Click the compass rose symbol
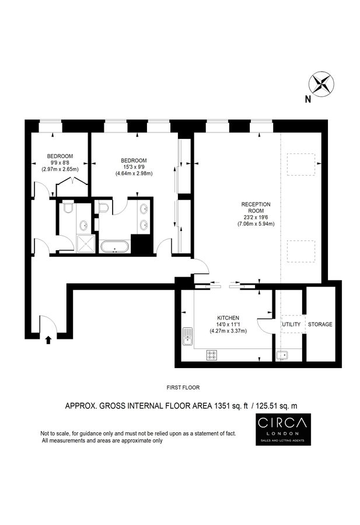click(320, 83)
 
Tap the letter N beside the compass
click(307, 99)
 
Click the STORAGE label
click(320, 324)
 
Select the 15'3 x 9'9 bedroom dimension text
click(134, 167)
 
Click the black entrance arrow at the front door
click(48, 339)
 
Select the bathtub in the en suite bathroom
click(114, 247)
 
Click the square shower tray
click(85, 243)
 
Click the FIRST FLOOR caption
click(183, 387)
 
